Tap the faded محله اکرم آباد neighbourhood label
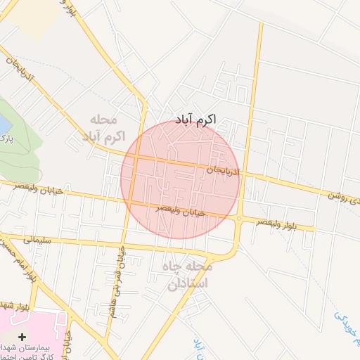pos(107,127)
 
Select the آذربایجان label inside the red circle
pos(224,171)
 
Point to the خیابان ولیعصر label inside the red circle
pos(181,209)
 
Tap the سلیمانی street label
pos(38,240)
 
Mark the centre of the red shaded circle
pos(180,179)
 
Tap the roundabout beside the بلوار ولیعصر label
pos(239,219)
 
